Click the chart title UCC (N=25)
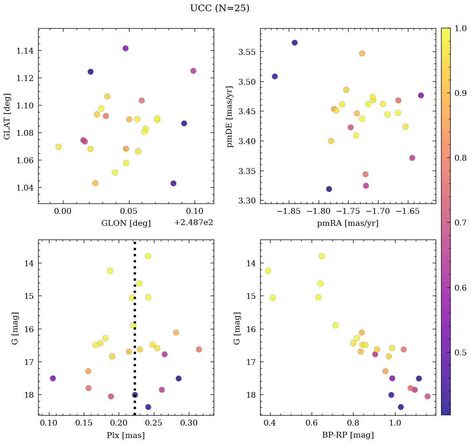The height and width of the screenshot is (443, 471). click(x=220, y=8)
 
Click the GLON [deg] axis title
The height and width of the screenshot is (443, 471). click(x=126, y=223)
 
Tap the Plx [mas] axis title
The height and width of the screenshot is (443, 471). click(x=126, y=435)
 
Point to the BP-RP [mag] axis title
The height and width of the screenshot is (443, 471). click(x=348, y=435)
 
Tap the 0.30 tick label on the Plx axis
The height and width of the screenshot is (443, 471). click(x=189, y=424)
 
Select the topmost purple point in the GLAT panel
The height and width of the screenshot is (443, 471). click(x=125, y=48)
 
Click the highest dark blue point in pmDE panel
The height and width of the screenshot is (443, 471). click(x=295, y=43)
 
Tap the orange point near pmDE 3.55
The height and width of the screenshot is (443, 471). click(x=362, y=54)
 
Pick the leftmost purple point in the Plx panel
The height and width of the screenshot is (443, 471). click(x=53, y=378)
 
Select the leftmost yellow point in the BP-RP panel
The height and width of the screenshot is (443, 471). click(x=268, y=271)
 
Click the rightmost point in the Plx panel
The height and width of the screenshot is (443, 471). click(x=199, y=349)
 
